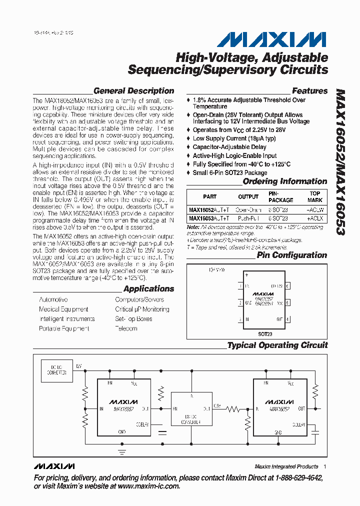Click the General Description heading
pos(133,91)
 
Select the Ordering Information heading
pos(284,181)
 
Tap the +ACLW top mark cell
pos(315,210)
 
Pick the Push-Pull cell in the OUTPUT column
pos(248,218)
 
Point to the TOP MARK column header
pos(315,196)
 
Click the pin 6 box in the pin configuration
pos(287,286)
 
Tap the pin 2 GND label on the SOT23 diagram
pos(248,303)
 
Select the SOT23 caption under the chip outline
pos(265,332)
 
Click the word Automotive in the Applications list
pos(53,299)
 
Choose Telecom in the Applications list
pos(126,328)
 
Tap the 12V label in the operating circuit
pos(78,367)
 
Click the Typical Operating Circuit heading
pos(277,345)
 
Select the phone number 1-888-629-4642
pos(292,477)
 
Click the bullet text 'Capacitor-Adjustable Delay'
pos(229,147)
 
